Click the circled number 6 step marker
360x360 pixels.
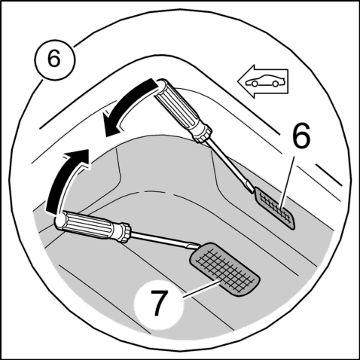click(x=54, y=59)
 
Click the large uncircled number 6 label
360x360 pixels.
click(x=301, y=136)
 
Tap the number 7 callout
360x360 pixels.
click(x=159, y=303)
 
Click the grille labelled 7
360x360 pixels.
click(x=225, y=270)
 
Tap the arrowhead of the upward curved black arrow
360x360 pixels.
click(x=77, y=159)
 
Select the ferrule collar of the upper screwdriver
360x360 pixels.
click(x=203, y=135)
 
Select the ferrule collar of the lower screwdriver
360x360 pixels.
click(x=125, y=233)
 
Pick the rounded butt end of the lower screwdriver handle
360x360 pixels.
click(x=59, y=221)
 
